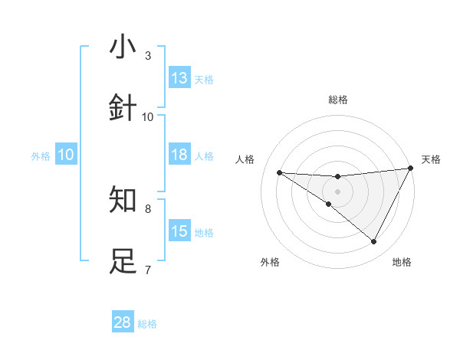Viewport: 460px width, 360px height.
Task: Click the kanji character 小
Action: point(123,47)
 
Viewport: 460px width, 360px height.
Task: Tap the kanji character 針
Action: point(123,108)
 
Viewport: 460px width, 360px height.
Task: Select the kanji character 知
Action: point(123,200)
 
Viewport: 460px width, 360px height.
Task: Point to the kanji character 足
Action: point(123,261)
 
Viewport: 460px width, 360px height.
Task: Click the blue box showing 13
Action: point(179,78)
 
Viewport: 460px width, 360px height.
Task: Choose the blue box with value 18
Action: point(179,155)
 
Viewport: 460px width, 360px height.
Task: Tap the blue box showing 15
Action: point(179,231)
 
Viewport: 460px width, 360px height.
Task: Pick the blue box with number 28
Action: point(123,322)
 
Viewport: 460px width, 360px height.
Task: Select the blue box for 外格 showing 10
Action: point(66,155)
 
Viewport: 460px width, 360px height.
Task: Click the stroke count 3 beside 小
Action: point(148,55)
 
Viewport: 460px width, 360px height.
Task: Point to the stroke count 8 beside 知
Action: point(148,208)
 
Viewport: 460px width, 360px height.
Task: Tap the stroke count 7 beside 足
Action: point(148,269)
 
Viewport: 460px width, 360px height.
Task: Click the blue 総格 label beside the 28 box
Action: point(147,324)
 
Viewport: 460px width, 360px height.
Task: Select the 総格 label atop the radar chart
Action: point(338,100)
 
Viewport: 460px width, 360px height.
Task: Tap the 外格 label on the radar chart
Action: point(270,262)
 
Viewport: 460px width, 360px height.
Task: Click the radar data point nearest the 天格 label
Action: point(410,169)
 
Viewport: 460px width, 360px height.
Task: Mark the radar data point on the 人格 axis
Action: point(279,172)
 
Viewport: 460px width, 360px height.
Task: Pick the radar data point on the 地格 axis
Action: point(374,242)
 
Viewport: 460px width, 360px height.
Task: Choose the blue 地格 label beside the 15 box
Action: point(204,233)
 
